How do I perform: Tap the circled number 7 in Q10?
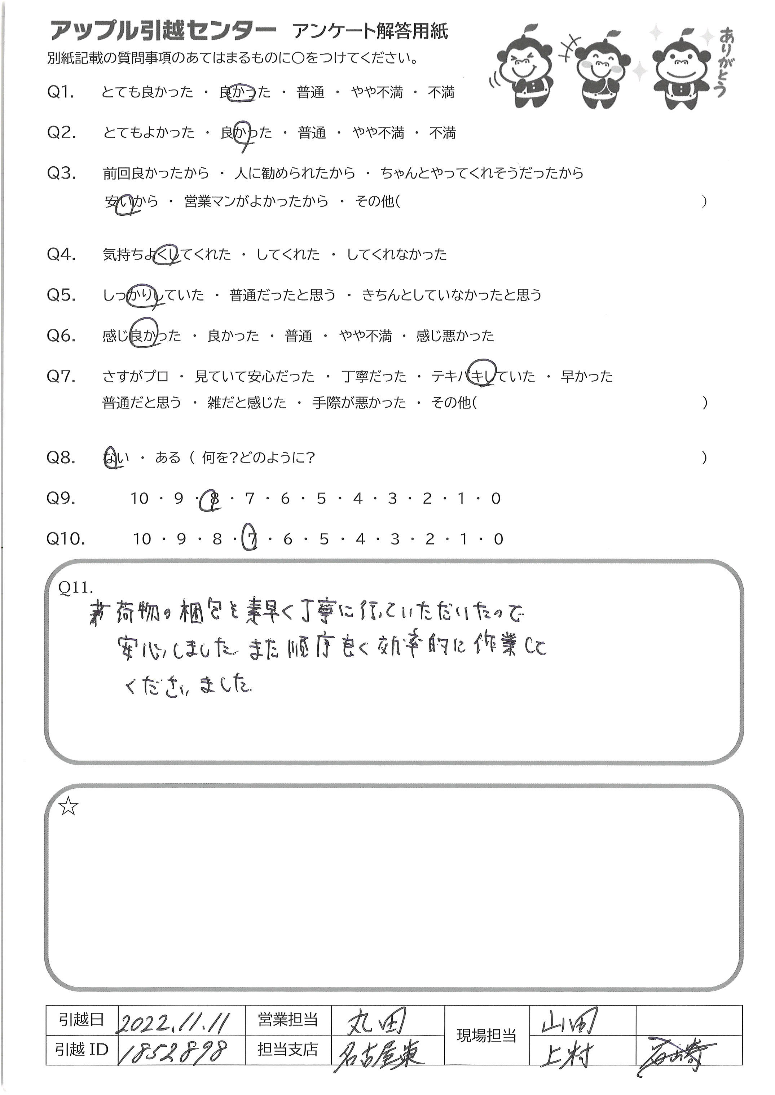point(251,539)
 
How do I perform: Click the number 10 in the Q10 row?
point(142,539)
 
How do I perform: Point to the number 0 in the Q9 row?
point(496,499)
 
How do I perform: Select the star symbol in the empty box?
point(68,808)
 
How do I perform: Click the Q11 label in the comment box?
point(75,588)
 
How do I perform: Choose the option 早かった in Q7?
point(586,377)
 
